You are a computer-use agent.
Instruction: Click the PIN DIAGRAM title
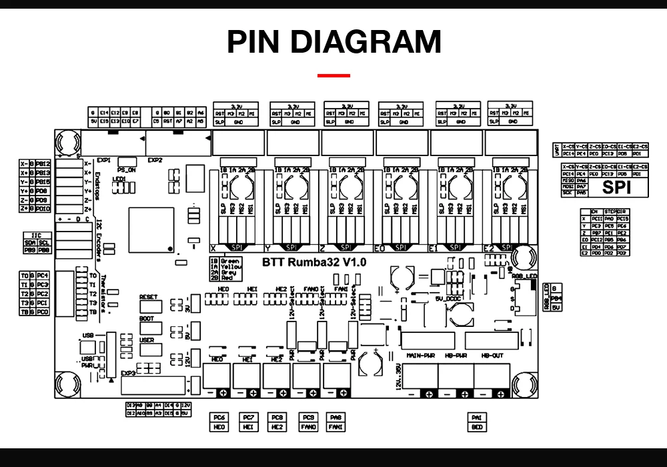(x=333, y=42)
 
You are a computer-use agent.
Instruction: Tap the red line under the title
(x=333, y=75)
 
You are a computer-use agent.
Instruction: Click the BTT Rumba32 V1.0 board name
(x=314, y=262)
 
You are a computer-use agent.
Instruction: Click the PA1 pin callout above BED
(x=477, y=417)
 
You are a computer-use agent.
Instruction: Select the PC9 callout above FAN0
(x=308, y=417)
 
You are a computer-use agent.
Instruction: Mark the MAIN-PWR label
(x=420, y=356)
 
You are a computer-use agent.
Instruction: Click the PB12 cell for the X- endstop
(x=43, y=163)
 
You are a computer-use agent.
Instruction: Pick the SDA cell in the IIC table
(x=30, y=243)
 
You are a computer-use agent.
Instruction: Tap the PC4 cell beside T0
(x=43, y=276)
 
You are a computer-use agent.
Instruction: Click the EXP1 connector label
(x=103, y=160)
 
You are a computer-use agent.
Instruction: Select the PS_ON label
(x=127, y=169)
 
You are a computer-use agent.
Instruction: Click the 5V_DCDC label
(x=448, y=298)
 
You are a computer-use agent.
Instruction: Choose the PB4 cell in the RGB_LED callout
(x=557, y=298)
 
